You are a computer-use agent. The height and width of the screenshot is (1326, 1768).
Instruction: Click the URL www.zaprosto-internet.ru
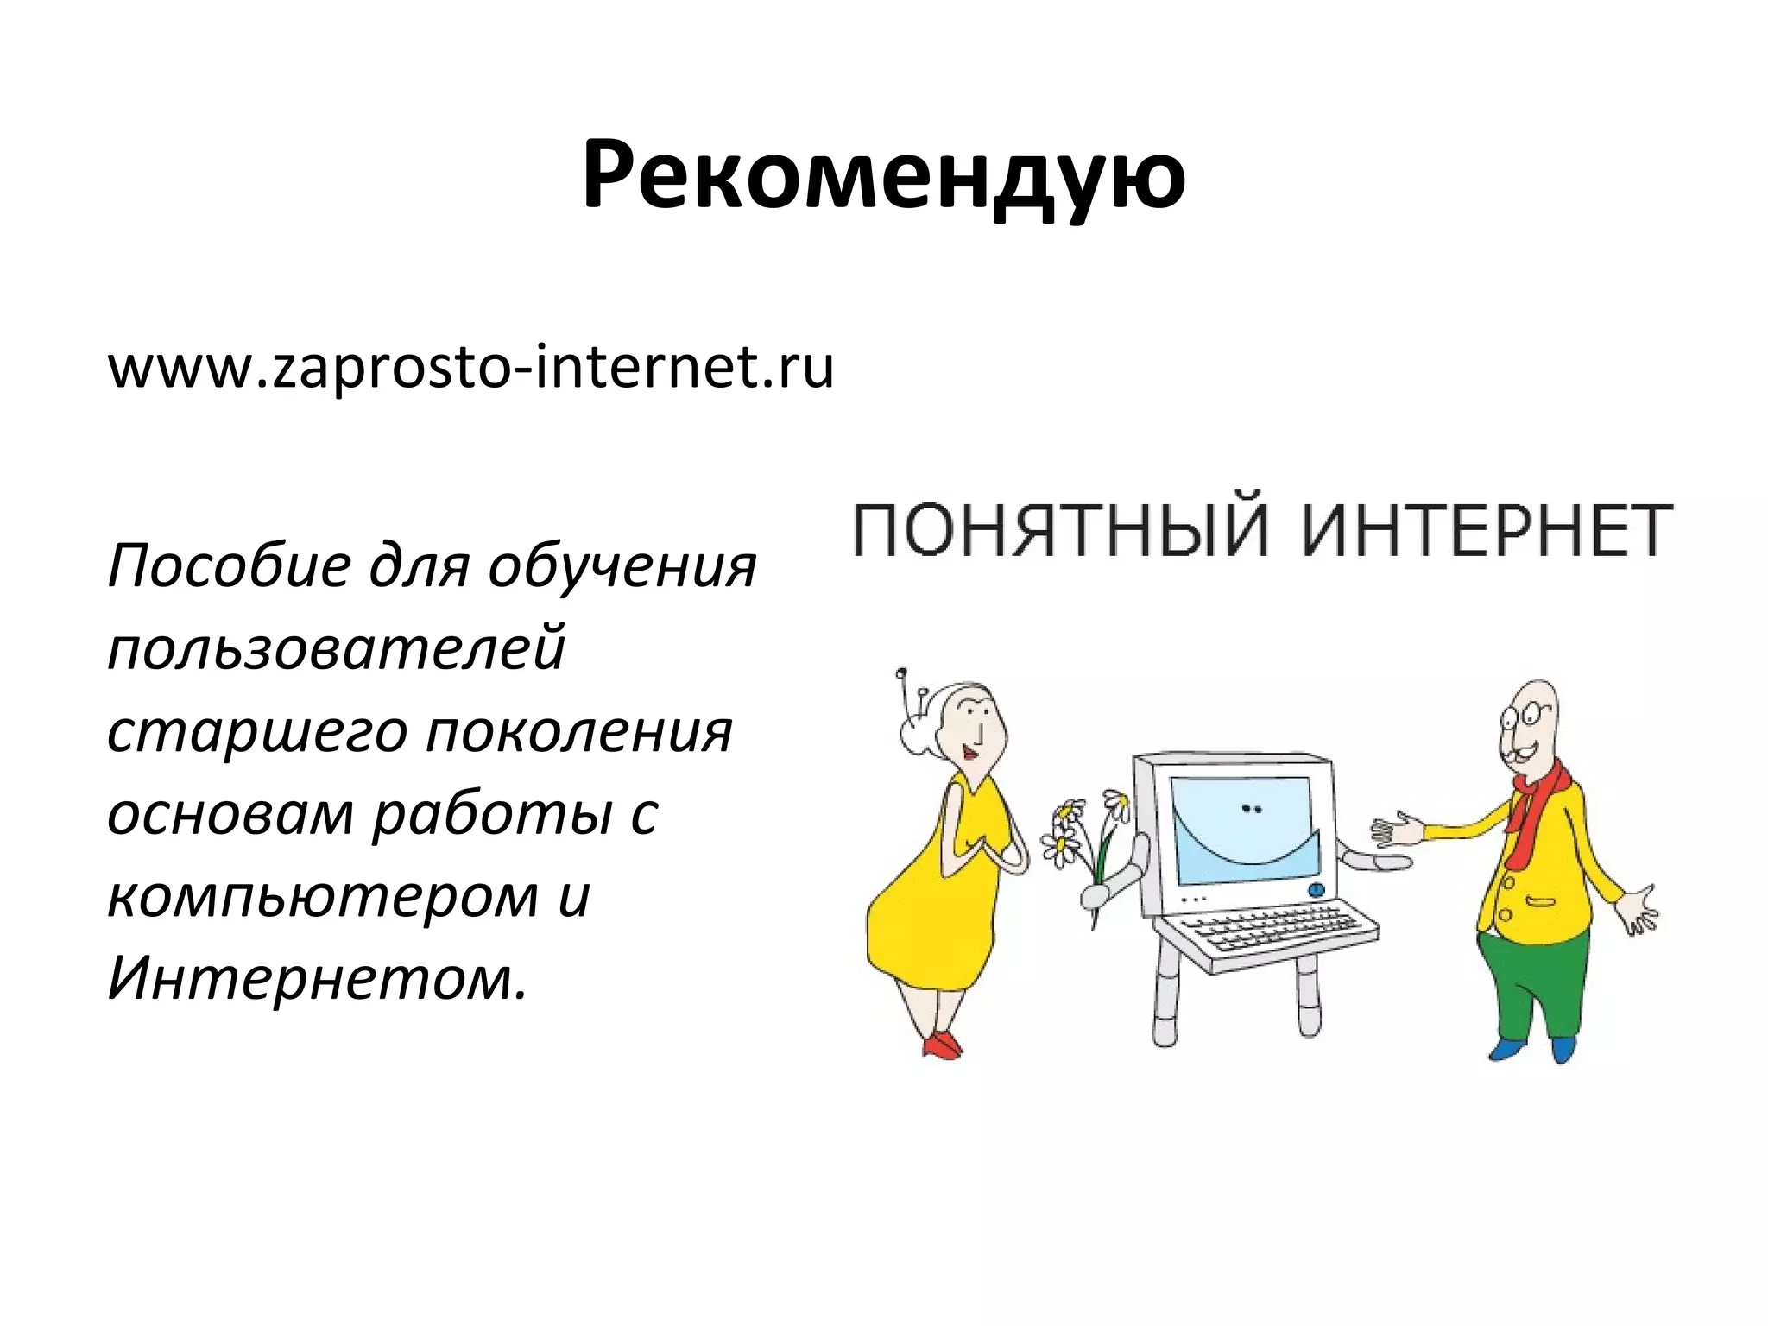coord(470,367)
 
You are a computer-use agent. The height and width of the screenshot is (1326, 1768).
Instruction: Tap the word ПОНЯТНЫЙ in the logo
coord(1062,530)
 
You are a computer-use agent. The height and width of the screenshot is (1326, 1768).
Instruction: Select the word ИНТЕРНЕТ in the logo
coord(1487,530)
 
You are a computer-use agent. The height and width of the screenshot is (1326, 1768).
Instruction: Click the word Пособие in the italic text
coord(230,568)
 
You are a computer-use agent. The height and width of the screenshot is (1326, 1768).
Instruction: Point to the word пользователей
coord(337,649)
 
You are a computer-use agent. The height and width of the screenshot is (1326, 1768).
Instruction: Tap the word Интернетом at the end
coord(316,981)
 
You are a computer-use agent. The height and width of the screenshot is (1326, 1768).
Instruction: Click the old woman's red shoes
coord(944,1045)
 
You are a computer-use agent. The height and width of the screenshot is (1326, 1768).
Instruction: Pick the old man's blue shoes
coord(1537,1050)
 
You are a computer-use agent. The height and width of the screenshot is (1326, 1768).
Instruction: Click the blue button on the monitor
coord(1316,889)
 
